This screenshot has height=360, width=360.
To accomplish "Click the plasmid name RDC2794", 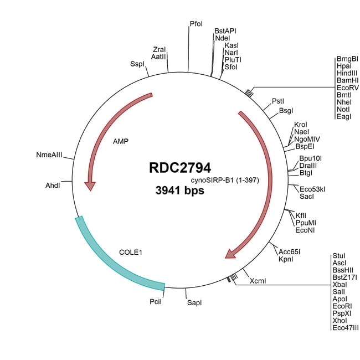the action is tap(180, 167).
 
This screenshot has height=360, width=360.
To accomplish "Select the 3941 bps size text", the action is tap(180, 191).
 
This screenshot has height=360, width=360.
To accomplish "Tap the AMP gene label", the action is tap(121, 141).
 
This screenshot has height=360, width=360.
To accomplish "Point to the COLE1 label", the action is tap(131, 253).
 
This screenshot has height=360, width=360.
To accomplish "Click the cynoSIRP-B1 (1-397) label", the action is tap(225, 180).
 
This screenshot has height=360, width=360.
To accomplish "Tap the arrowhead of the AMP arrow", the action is tap(90, 186).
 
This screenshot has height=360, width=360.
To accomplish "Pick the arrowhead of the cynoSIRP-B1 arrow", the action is tap(231, 254).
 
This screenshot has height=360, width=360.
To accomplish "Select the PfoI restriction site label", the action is tap(196, 24).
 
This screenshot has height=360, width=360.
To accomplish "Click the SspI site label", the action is tap(137, 64).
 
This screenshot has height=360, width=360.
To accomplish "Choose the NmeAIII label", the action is tap(49, 155).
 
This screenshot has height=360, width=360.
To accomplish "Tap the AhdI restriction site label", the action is tap(53, 186).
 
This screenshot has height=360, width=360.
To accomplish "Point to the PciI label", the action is tap(156, 301).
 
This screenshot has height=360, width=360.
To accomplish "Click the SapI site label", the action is tap(194, 302).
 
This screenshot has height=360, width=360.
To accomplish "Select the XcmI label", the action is tap(258, 281).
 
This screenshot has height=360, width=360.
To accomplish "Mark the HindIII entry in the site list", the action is tap(347, 73).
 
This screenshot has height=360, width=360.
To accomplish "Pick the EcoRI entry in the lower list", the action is tap(342, 306).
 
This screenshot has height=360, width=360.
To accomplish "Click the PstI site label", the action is tap(278, 101).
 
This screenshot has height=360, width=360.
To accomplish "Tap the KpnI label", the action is tap(286, 259).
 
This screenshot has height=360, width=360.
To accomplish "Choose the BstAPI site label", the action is tap(225, 31).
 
